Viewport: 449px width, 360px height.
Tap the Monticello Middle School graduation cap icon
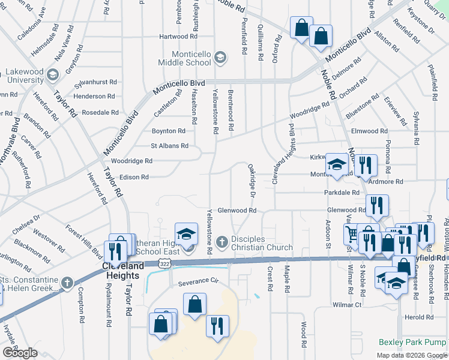pyautogui.click(x=220, y=58)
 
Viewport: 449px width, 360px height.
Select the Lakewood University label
pyautogui.click(x=25, y=76)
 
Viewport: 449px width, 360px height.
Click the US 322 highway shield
pyautogui.click(x=164, y=263)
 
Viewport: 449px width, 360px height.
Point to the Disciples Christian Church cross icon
pyautogui.click(x=221, y=242)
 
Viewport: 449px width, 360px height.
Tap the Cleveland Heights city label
pyautogui.click(x=121, y=271)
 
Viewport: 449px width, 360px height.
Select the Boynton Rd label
pyautogui.click(x=168, y=131)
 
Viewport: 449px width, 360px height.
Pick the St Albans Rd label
pyautogui.click(x=169, y=146)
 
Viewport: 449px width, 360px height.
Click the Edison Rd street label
pyautogui.click(x=134, y=177)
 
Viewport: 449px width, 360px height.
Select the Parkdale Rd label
pyautogui.click(x=341, y=193)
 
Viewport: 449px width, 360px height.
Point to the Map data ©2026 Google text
pyautogui.click(x=411, y=355)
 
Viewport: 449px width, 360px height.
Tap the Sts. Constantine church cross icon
pyautogui.click(x=67, y=281)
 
